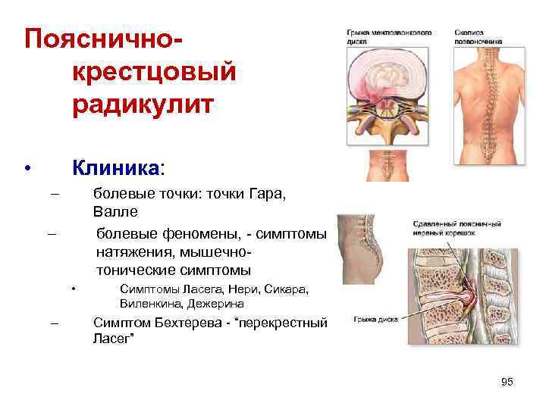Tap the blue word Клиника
[x=115, y=166]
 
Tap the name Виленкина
[x=152, y=304]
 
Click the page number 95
[x=507, y=382]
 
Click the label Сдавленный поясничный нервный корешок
[x=457, y=229]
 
